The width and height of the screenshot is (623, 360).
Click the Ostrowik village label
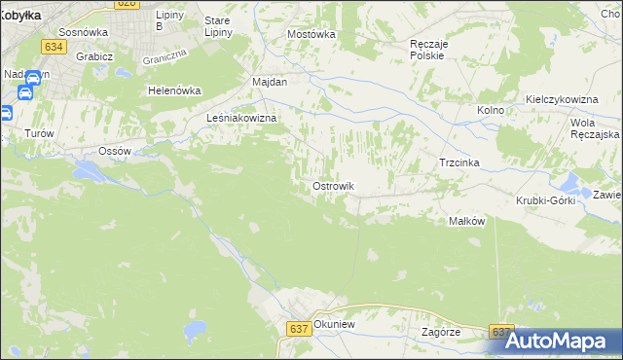tap(333, 186)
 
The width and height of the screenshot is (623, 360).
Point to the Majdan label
tap(270, 82)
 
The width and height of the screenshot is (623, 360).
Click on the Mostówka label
tap(311, 33)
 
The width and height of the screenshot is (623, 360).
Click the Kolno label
tap(491, 110)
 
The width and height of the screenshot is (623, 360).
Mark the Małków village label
tap(466, 221)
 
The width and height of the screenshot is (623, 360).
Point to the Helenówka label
tap(173, 90)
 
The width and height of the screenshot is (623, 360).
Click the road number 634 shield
tap(54, 46)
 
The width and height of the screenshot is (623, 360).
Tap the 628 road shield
tap(127, 4)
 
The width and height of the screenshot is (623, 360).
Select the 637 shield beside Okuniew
tap(299, 329)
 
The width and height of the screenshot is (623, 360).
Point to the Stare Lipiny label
tap(218, 26)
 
